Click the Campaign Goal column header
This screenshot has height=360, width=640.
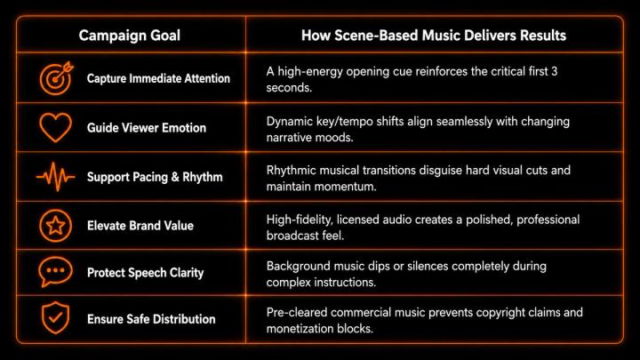coord(130,36)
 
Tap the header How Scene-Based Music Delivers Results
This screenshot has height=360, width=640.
coord(434,36)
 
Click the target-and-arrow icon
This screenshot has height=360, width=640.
coord(56,78)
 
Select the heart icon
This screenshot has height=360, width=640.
coord(55,128)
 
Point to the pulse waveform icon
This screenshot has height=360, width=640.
coord(55,177)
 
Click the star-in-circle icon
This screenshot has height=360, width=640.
coord(55,226)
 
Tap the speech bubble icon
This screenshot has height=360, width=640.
coord(55,272)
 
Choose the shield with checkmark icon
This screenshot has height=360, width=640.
coord(55,318)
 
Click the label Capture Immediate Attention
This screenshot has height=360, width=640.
coord(158,78)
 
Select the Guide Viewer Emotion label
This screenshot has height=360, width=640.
coord(147,128)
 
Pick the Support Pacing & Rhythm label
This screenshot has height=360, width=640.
coord(155,177)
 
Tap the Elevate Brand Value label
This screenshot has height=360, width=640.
coord(140,226)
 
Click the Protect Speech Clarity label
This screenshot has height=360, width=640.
coord(145,273)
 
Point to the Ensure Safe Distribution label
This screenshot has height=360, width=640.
coord(151,319)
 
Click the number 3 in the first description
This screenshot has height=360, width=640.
coord(554,71)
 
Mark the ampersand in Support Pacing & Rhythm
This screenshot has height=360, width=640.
coord(175,177)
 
